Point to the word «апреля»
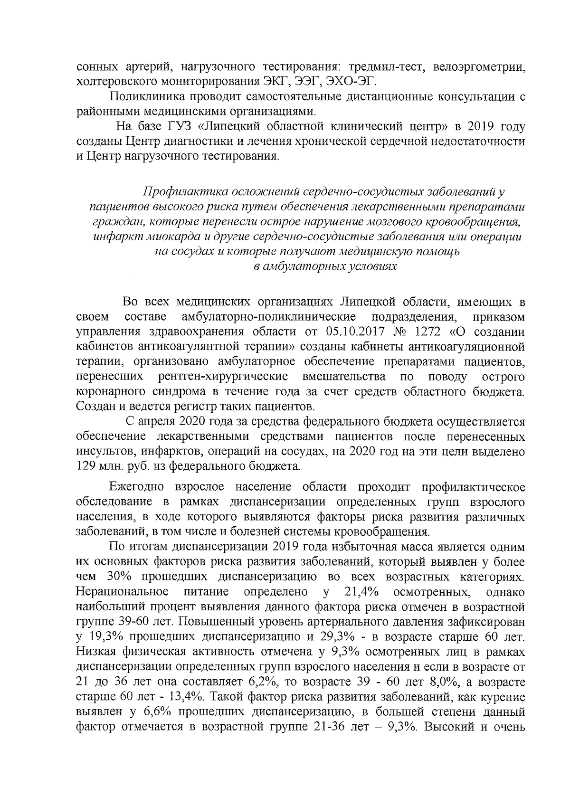[x=158, y=421]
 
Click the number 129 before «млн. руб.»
[x=87, y=466]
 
